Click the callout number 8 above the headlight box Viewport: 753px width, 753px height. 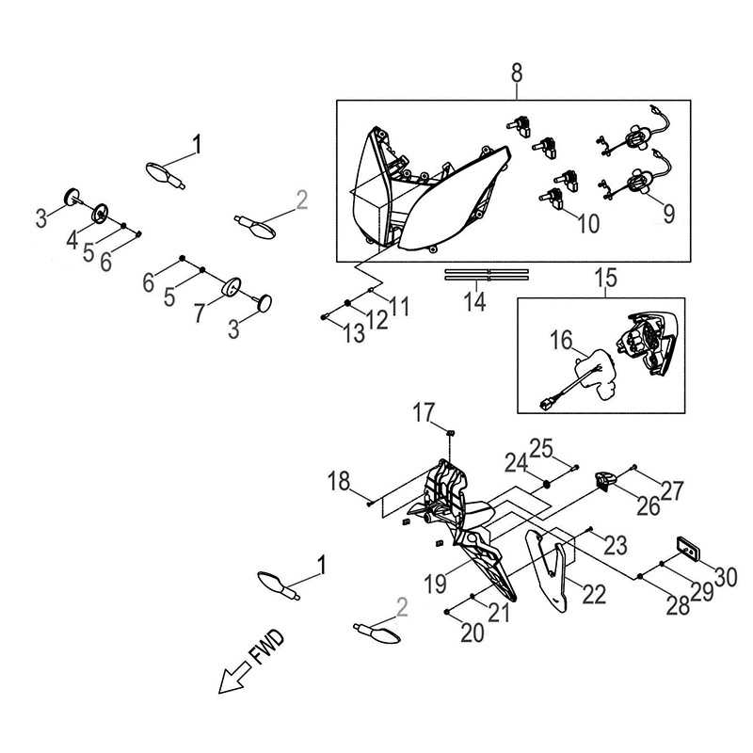[516, 74]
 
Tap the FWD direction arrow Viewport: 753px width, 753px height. [234, 677]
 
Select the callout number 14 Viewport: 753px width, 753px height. [474, 302]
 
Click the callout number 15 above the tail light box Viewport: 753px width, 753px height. [605, 278]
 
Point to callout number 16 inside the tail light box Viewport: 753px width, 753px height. [561, 341]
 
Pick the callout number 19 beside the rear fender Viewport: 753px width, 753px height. [436, 584]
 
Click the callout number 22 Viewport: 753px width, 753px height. [594, 595]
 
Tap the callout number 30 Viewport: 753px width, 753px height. [726, 577]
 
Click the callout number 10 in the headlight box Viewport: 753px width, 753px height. [588, 224]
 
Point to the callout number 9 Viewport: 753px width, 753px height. [669, 214]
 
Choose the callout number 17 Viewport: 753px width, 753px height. [425, 412]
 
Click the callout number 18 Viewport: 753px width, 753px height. [339, 481]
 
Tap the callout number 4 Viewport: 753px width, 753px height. [72, 240]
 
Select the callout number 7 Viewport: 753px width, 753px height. [200, 313]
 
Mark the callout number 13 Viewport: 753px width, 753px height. [354, 333]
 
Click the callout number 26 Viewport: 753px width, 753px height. [649, 506]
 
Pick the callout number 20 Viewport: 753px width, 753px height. [473, 633]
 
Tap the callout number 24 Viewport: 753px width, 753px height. [516, 464]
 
